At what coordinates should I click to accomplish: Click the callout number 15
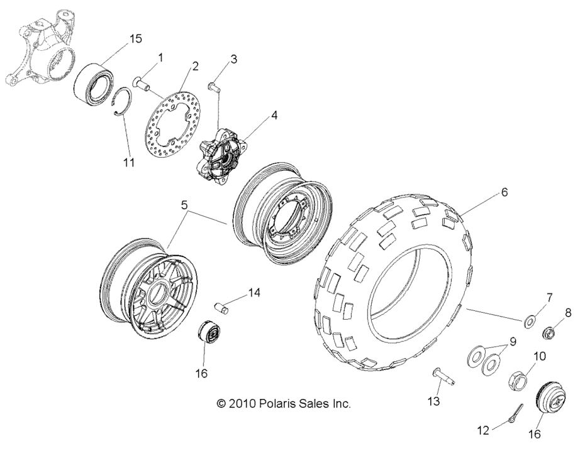tap(136, 39)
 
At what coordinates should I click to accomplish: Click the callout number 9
tap(513, 342)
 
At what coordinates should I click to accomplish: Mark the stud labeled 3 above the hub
tap(215, 87)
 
